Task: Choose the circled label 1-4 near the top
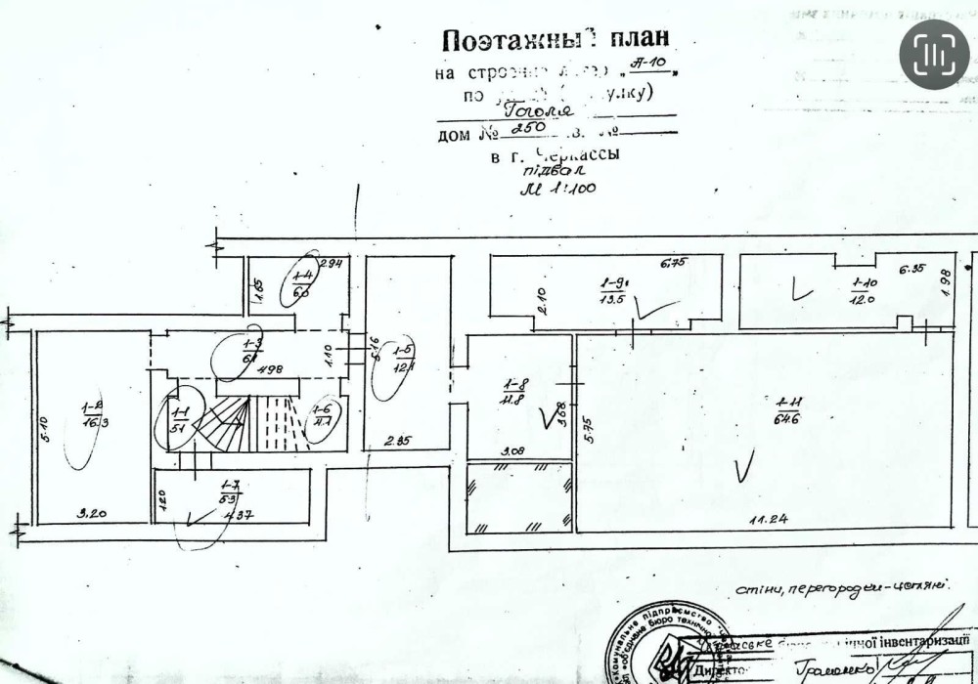[x=302, y=283]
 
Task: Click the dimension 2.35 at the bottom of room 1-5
[x=397, y=442]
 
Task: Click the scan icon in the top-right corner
[x=934, y=55]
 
